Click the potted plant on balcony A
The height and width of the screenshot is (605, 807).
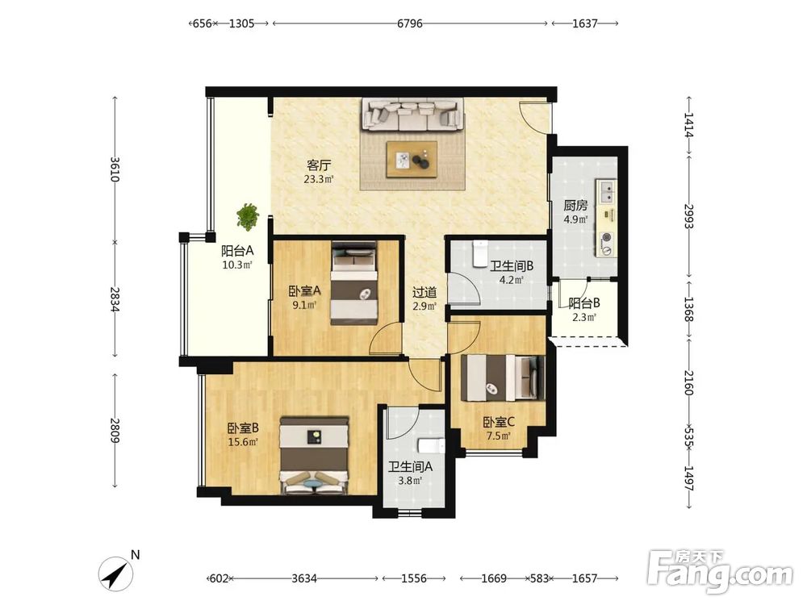coord(248,216)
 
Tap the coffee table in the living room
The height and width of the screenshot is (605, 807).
coord(412,160)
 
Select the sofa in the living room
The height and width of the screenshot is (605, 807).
coord(412,115)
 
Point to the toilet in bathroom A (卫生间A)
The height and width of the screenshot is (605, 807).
coord(431,445)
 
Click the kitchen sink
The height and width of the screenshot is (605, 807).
coord(607,191)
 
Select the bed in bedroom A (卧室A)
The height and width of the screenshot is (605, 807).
coord(353,283)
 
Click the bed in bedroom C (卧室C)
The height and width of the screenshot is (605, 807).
coord(503,378)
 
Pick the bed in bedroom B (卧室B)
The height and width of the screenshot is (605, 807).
coord(315,456)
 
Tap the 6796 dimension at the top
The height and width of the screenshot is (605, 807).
coord(410,23)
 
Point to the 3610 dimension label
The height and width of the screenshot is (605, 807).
coord(115,169)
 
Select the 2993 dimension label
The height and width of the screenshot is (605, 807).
coord(689,216)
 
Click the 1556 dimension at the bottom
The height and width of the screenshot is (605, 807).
coord(414,578)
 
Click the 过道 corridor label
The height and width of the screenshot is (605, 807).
coord(424,293)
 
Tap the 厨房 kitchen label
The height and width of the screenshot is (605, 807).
coord(575,206)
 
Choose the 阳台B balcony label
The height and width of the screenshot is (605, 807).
coord(584,303)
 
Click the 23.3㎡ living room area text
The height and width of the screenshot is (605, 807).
coord(319,179)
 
